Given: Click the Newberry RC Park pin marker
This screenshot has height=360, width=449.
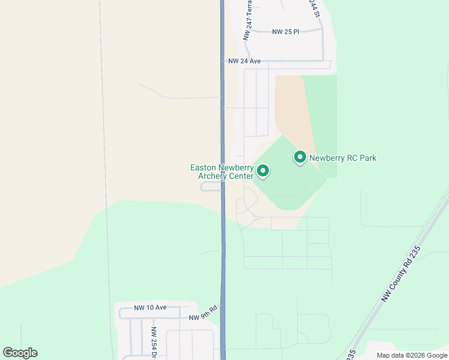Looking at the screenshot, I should (300, 157).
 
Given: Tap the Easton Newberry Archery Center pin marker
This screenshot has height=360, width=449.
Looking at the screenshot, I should (262, 171).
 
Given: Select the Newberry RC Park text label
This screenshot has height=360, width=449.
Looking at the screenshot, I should (343, 158).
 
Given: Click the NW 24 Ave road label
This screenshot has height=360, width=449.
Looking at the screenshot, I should (244, 61).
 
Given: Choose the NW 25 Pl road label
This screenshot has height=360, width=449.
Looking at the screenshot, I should (286, 31).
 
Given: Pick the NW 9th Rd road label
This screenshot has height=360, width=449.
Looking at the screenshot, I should (202, 317).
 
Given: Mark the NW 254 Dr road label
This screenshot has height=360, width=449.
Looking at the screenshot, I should (154, 342).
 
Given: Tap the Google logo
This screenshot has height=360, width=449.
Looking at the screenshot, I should (20, 353).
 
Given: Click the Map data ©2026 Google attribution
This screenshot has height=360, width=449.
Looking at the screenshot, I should (411, 355).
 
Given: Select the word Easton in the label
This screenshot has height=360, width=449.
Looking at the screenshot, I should (203, 167).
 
